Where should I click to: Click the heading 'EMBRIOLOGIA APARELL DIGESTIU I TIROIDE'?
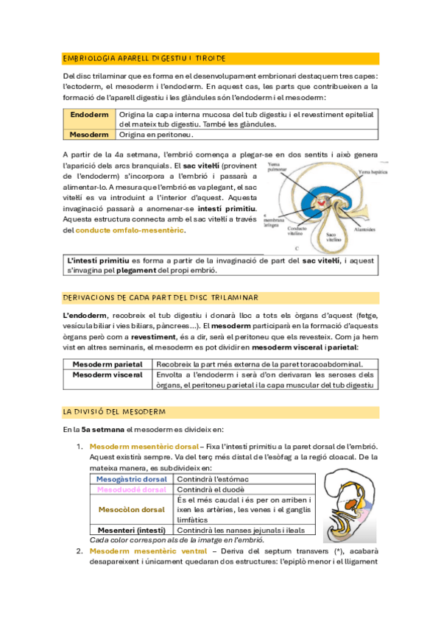(x=144, y=58)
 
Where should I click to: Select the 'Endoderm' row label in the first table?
(x=88, y=115)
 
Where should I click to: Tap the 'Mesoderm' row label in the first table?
(x=88, y=135)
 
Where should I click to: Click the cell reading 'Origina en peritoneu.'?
(x=156, y=135)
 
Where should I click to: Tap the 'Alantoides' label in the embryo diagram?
(x=367, y=229)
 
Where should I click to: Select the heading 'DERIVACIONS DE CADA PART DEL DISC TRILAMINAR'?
(x=160, y=297)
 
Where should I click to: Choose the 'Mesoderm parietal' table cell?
(x=107, y=364)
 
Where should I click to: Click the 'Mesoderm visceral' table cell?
(x=107, y=375)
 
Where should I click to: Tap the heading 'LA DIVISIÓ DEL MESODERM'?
(x=114, y=411)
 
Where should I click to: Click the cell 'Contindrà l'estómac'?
(x=210, y=480)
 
